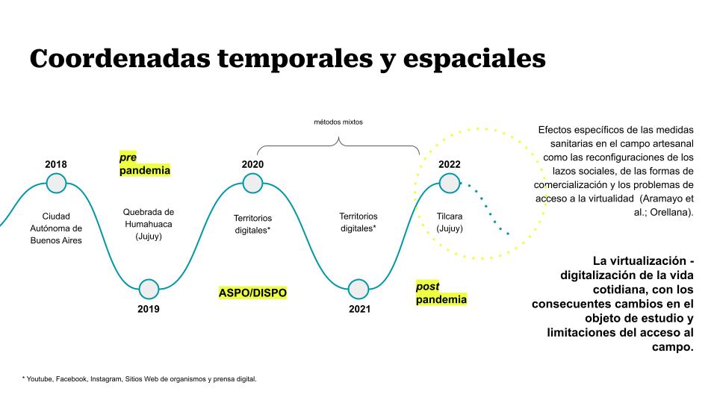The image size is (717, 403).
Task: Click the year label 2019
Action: (x=149, y=309)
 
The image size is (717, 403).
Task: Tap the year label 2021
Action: (x=359, y=309)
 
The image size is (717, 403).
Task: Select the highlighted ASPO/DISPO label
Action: (x=252, y=293)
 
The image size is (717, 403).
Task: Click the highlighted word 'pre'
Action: (x=128, y=157)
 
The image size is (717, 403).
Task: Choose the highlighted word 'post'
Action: (x=427, y=287)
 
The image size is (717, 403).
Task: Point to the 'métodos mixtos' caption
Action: (x=338, y=122)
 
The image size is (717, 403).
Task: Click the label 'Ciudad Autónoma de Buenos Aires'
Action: (x=56, y=228)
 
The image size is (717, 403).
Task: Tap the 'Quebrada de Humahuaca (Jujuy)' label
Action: (x=149, y=225)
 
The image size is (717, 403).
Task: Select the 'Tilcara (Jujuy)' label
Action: (x=450, y=222)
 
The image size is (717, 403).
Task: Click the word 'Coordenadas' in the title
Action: (x=119, y=58)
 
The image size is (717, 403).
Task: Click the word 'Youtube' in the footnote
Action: (x=40, y=379)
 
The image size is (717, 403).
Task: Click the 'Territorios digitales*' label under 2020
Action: (x=252, y=225)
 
